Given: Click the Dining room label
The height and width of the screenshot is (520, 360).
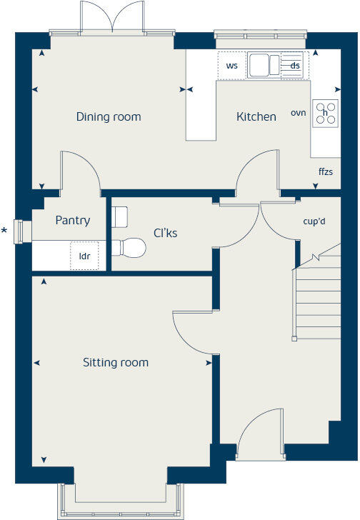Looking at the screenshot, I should click(109, 116).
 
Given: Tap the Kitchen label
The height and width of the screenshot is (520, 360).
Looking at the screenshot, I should click(256, 116).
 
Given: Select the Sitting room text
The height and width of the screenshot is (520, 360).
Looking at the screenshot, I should click(115, 362).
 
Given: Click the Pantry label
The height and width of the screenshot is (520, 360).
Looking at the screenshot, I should click(73, 220).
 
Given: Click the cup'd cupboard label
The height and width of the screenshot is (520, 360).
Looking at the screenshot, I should click(314, 221).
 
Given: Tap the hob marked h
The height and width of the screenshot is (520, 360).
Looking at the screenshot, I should click(326, 113).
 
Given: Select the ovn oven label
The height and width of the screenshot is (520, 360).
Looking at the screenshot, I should click(298, 113).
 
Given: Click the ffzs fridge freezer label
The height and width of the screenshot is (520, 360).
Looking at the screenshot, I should click(326, 172).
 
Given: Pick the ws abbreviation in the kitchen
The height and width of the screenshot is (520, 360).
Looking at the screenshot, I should click(231, 66).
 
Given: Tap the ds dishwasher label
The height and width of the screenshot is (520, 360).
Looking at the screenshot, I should click(295, 66).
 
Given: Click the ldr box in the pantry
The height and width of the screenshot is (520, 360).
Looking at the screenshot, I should click(84, 255).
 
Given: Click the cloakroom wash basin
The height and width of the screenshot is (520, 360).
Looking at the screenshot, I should click(120, 216).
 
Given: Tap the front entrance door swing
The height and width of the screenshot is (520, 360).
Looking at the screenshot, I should click(259, 433).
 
